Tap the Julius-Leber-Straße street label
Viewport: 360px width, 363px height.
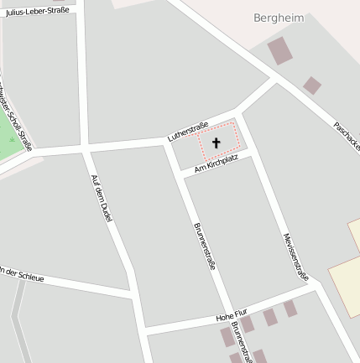pos(38,12)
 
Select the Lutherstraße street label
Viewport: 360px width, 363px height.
pos(188,131)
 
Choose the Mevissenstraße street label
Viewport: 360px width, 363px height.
pos(296,257)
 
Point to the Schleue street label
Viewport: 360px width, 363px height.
pos(22,274)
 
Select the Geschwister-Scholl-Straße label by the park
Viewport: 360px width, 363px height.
pos(18,117)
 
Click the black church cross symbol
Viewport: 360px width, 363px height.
pos(216,143)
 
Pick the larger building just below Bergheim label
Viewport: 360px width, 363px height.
pos(279,50)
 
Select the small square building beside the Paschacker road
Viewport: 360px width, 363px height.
pos(311,85)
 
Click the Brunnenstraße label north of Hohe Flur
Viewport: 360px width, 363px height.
pos(204,246)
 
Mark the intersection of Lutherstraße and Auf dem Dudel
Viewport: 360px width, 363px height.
pos(86,148)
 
